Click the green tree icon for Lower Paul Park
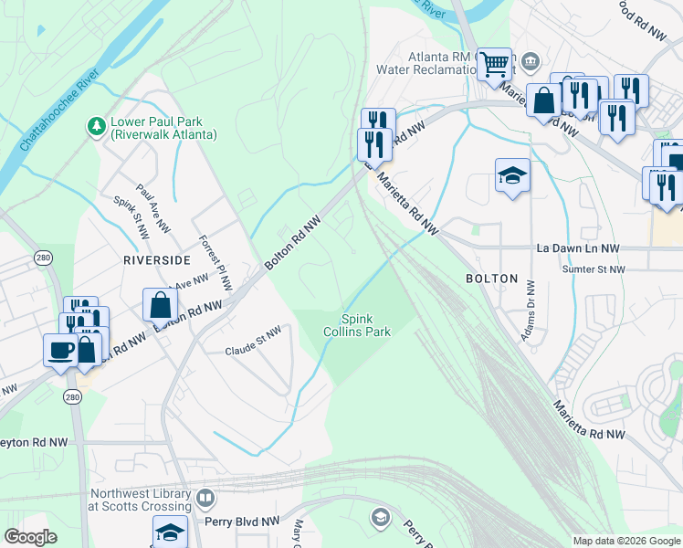96,126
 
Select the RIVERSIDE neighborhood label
152,259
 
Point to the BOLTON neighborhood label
491,279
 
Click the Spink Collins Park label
365,325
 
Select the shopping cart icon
495,64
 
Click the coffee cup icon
60,349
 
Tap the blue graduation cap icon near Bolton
512,174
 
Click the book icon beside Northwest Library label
206,499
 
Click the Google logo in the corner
31,537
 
